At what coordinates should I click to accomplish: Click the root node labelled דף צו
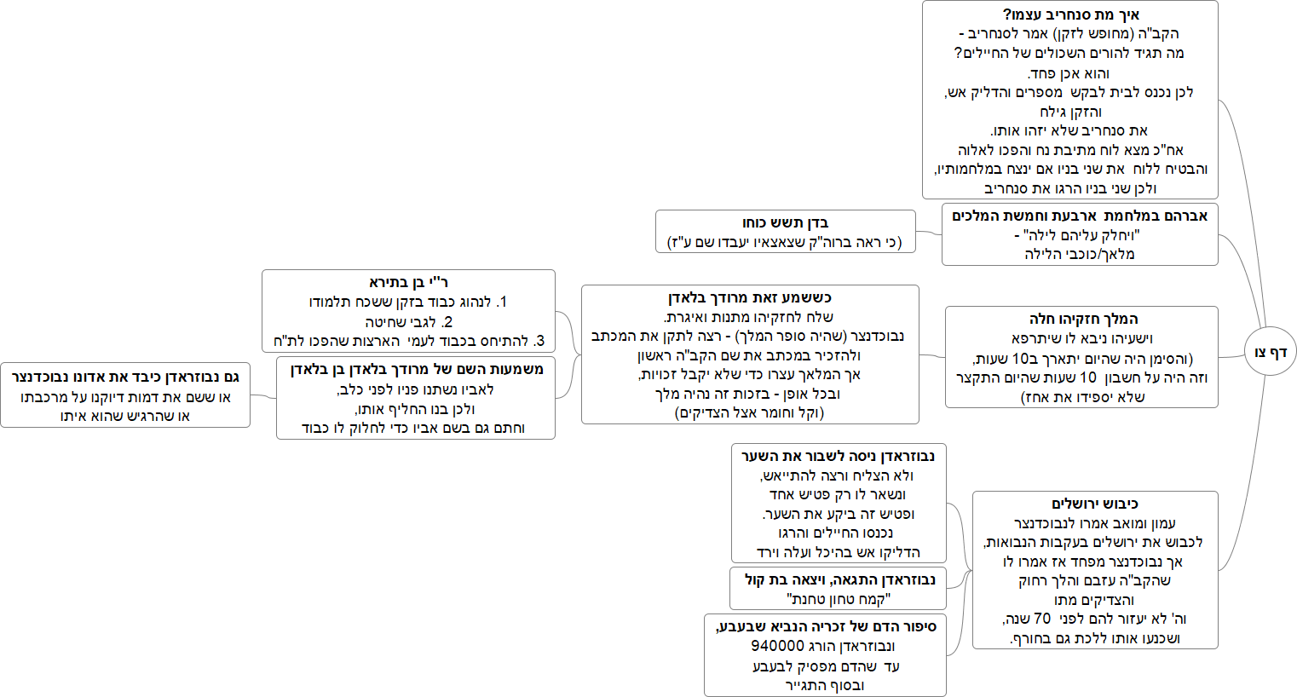(1270, 352)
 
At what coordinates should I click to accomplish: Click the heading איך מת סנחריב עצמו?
(1070, 14)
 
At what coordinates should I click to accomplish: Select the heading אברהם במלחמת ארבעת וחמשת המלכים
(1080, 216)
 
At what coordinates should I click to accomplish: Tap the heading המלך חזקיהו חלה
(1083, 319)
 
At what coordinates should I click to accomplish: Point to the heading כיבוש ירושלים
(1095, 504)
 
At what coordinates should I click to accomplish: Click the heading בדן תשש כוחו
(785, 222)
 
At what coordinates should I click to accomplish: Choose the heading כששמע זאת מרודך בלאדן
(750, 297)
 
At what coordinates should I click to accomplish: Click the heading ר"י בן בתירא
(408, 282)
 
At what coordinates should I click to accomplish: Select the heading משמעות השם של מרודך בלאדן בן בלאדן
(417, 369)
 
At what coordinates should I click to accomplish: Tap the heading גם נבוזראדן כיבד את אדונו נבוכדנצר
(125, 376)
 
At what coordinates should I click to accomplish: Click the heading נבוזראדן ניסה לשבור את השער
(838, 456)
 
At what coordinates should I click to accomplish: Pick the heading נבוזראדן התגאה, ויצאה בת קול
(839, 579)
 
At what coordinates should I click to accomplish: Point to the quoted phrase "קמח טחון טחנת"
(839, 599)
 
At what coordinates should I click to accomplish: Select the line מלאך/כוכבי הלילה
(1080, 254)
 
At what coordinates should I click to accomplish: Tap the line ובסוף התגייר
(825, 685)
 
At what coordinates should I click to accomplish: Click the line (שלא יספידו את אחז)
(1083, 396)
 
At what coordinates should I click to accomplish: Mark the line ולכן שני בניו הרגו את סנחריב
(1070, 188)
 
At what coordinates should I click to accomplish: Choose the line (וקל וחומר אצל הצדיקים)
(750, 412)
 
